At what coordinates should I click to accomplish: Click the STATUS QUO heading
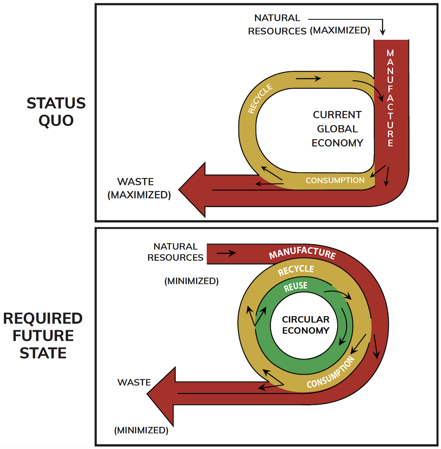[x=56, y=112]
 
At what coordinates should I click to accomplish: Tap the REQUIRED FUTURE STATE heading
[x=43, y=335]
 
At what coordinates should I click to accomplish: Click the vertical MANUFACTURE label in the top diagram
[x=390, y=98]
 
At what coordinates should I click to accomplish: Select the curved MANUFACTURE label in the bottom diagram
[x=302, y=253]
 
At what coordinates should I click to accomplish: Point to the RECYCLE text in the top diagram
[x=260, y=99]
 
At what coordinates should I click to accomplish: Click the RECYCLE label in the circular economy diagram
[x=296, y=270]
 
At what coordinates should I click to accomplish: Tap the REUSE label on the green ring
[x=295, y=286]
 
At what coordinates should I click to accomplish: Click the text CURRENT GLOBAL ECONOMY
[x=337, y=129]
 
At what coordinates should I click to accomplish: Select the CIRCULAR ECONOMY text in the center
[x=306, y=325]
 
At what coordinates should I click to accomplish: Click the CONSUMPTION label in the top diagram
[x=335, y=181]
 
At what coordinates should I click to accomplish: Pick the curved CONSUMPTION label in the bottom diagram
[x=331, y=372]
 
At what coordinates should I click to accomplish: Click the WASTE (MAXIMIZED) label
[x=139, y=188]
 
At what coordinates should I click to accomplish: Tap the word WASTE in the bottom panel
[x=134, y=382]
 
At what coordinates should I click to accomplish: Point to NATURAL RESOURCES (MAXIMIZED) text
[x=309, y=25]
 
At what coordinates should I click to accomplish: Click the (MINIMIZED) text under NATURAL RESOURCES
[x=191, y=281]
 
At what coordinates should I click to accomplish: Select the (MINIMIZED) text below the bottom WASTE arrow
[x=141, y=430]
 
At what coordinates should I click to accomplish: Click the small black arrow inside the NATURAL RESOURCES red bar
[x=226, y=253]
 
